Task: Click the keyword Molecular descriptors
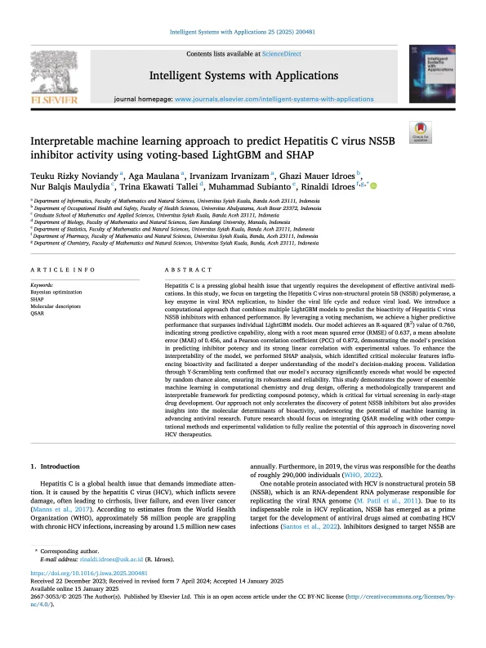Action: coord(57,305)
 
